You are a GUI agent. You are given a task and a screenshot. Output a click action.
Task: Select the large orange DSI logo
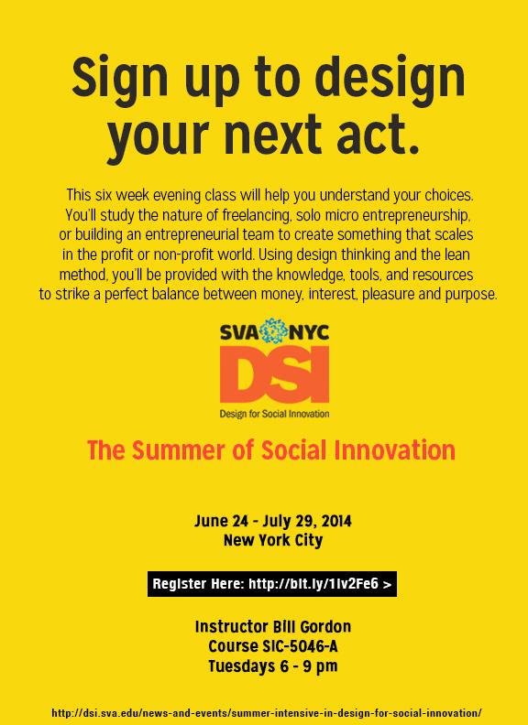(x=274, y=375)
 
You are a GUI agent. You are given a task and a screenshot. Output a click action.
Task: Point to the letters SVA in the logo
(x=240, y=332)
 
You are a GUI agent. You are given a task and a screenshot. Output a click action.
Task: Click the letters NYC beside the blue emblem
(x=309, y=332)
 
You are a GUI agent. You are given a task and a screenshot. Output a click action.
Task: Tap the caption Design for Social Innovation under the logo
(x=274, y=414)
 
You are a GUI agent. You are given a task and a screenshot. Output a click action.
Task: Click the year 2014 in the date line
(x=336, y=522)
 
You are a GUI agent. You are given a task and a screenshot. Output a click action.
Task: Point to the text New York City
(x=273, y=540)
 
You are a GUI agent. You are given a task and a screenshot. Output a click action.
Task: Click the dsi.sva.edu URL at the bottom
(x=267, y=712)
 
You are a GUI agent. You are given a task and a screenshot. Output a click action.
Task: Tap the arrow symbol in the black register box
(x=387, y=584)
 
